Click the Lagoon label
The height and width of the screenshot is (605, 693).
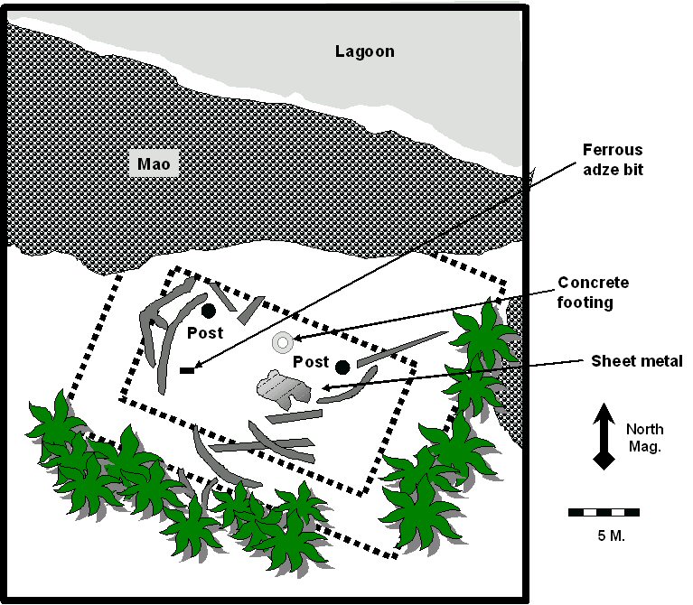click(x=364, y=51)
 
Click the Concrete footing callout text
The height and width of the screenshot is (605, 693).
click(x=593, y=293)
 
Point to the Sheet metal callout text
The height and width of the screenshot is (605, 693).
click(x=637, y=361)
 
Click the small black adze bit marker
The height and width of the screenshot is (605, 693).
click(x=188, y=369)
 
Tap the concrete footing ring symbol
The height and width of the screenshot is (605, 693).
click(x=282, y=342)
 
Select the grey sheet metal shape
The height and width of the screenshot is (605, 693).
click(x=284, y=388)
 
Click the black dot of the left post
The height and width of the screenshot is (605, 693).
click(x=209, y=311)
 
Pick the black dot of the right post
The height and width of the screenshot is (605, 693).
click(x=342, y=367)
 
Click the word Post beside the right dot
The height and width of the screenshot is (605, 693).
click(x=311, y=362)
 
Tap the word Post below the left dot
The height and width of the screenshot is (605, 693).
click(x=205, y=333)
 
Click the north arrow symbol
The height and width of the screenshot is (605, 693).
click(x=604, y=437)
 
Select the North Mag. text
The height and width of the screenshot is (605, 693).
click(x=643, y=437)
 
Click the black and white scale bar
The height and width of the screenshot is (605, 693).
click(x=604, y=512)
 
